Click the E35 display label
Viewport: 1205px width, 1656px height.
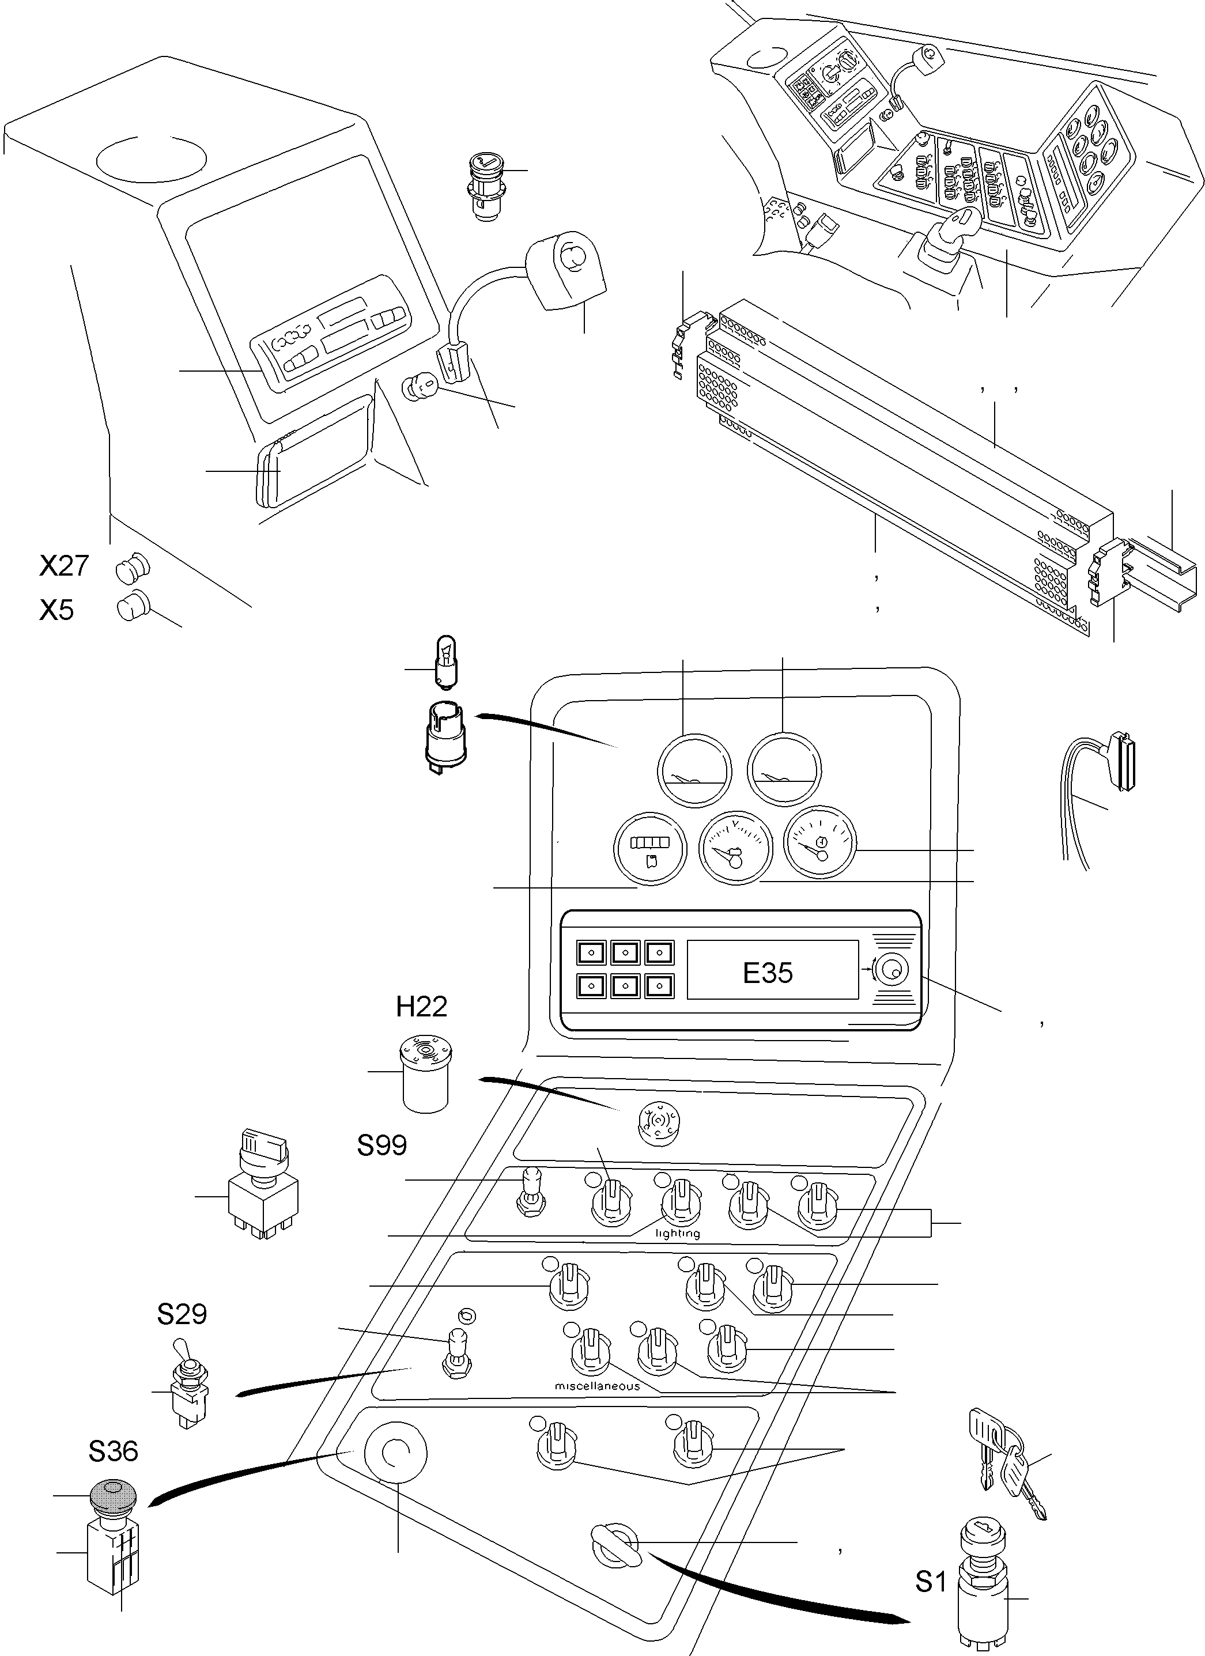[x=767, y=973]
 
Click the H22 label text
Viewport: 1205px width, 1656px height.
[x=421, y=1007]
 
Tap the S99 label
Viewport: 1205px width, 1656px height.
[x=381, y=1145]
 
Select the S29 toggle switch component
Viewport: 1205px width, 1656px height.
[x=188, y=1382]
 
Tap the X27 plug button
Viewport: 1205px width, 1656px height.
[x=132, y=568]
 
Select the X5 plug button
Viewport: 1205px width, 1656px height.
[x=132, y=607]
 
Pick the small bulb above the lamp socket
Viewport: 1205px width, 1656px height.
[x=445, y=662]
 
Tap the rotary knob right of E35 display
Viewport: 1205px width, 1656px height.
[x=890, y=970]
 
